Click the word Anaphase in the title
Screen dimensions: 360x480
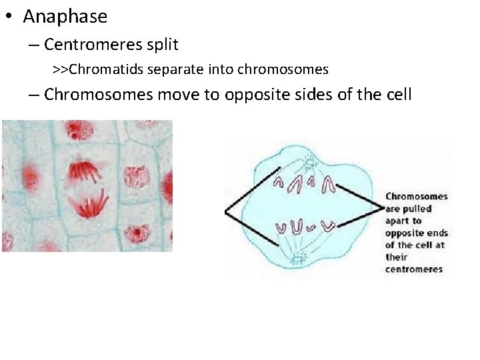click(x=65, y=17)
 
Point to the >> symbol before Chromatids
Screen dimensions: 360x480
click(x=61, y=69)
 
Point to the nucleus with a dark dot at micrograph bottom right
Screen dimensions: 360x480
click(x=138, y=233)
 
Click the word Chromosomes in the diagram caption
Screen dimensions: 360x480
click(x=417, y=197)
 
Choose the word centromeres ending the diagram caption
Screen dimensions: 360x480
click(x=413, y=269)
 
